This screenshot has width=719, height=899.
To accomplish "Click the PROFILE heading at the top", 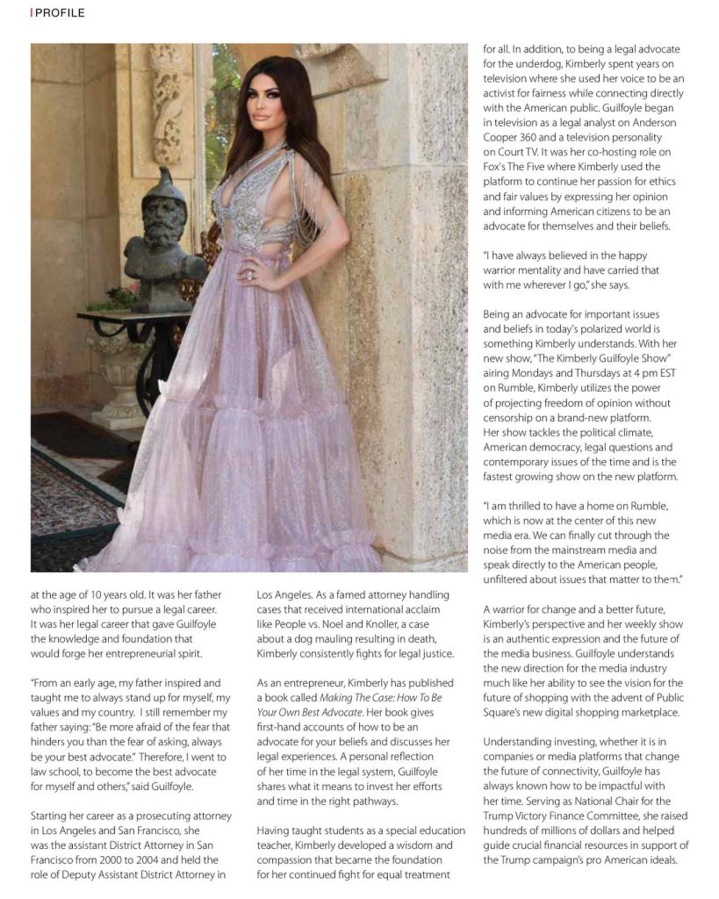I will (x=60, y=13).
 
